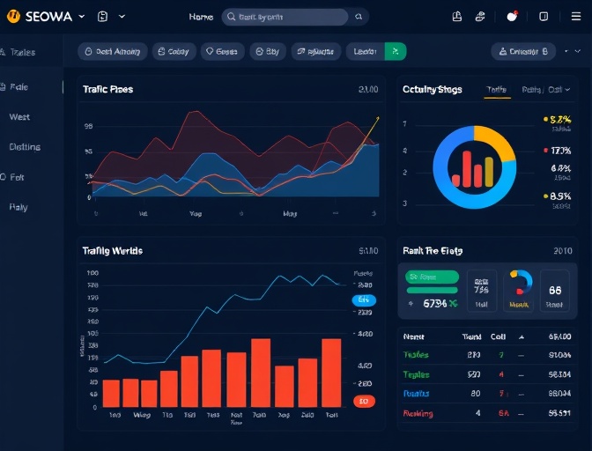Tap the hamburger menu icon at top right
pos(575,17)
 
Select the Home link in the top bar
pos(201,17)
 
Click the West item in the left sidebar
pos(19,117)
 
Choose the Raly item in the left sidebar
pos(18,207)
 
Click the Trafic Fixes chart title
pos(107,89)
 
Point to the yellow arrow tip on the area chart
pos(377,118)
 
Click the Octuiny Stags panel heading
pos(432,90)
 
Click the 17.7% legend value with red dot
pos(559,151)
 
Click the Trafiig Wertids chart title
pos(112,251)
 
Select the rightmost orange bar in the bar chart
pos(331,372)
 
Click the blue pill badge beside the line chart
pos(363,300)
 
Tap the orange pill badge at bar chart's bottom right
pos(363,402)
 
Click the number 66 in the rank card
pos(555,290)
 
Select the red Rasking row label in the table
pos(418,413)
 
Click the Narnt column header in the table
pos(413,336)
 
